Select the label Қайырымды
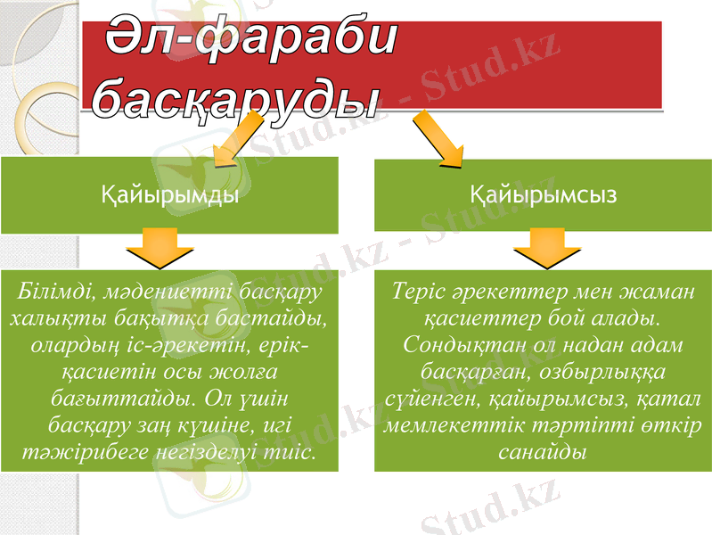click(169, 195)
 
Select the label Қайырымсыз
click(542, 195)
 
